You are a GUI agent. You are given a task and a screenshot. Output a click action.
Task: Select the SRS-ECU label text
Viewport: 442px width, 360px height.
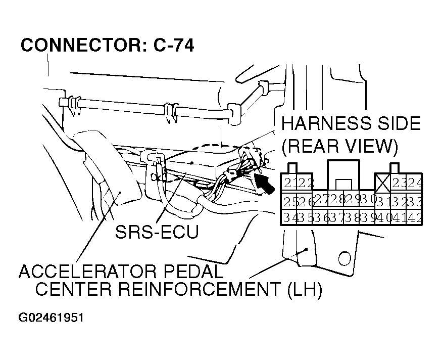tap(156, 232)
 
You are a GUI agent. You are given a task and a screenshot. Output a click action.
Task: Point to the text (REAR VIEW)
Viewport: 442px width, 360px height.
tap(340, 147)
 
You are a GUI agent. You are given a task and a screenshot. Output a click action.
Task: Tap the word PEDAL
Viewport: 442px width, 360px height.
tap(196, 272)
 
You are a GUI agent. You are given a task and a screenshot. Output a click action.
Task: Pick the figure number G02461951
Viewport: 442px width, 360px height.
tap(51, 319)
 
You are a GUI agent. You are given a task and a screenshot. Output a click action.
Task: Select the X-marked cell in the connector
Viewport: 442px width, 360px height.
tap(381, 182)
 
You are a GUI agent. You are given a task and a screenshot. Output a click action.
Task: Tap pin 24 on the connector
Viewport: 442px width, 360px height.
tap(415, 183)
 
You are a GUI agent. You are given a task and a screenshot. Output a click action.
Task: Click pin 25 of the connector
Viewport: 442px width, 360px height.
tap(290, 201)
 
